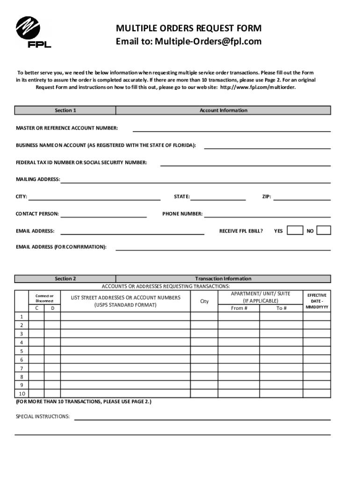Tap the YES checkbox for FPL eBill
click(x=295, y=230)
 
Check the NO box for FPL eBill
click(x=324, y=230)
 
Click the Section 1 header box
click(x=65, y=110)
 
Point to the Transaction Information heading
click(x=223, y=278)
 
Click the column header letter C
click(x=37, y=308)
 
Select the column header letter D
click(x=52, y=308)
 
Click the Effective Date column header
click(x=317, y=301)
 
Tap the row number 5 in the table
click(x=21, y=351)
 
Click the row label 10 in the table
click(x=22, y=393)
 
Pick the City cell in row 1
click(x=204, y=316)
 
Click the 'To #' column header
click(x=281, y=308)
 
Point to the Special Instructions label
click(x=43, y=416)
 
